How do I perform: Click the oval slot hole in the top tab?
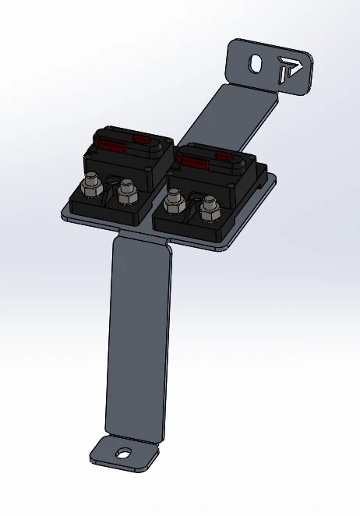coord(255,64)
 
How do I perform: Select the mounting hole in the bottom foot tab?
coord(124,453)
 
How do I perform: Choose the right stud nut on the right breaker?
coord(209,210)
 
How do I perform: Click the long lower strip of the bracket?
coord(138,335)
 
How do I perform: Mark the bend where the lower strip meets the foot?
coord(132,436)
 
